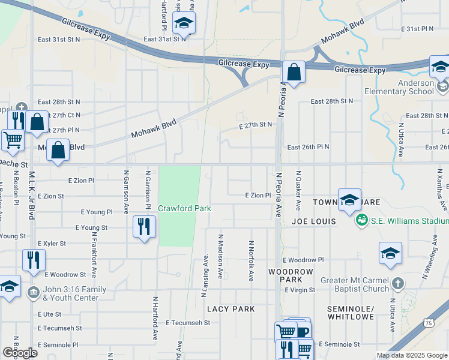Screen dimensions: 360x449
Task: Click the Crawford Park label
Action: click(x=184, y=208)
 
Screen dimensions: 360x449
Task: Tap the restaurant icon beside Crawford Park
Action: click(x=143, y=227)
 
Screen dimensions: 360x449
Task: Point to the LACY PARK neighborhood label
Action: click(x=231, y=309)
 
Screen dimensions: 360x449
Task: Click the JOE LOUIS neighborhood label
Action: click(x=313, y=221)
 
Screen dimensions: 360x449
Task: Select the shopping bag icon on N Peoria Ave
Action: click(x=294, y=73)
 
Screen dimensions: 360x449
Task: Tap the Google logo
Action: click(x=20, y=352)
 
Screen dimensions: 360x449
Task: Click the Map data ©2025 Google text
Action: click(x=412, y=355)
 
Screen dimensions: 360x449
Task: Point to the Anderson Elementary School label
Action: click(x=408, y=88)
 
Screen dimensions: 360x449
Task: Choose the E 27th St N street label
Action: click(x=255, y=125)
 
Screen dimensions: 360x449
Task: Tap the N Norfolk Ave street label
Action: click(x=251, y=260)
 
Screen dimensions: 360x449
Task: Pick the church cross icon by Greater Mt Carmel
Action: click(x=397, y=282)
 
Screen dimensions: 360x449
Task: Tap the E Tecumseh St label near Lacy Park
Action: click(x=188, y=322)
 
